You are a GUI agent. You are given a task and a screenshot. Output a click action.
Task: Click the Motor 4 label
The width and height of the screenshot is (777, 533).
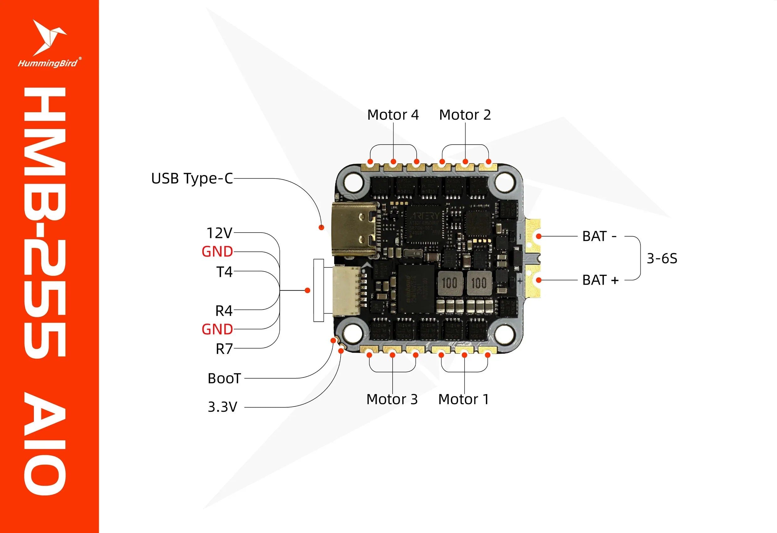point(393,115)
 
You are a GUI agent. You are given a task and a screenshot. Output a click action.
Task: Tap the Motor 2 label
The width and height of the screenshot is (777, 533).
point(465,115)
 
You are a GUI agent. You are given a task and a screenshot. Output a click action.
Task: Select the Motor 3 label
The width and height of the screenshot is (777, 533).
point(392,399)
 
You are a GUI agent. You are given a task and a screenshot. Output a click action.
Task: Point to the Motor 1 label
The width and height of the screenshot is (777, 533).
point(464,399)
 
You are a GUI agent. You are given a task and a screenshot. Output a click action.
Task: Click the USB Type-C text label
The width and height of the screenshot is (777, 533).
point(192,178)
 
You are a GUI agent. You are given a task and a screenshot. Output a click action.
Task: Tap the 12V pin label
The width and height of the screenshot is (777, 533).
point(219,233)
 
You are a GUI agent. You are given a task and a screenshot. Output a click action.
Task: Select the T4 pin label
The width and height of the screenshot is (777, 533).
point(224,272)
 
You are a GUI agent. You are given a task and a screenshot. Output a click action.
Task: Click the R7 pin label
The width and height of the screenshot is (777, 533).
point(224,349)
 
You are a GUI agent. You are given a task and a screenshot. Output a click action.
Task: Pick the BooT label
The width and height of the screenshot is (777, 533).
point(224,378)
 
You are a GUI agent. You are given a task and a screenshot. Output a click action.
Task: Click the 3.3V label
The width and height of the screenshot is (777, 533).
point(222,407)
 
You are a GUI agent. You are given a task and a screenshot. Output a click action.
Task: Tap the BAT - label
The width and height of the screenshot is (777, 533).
point(599,236)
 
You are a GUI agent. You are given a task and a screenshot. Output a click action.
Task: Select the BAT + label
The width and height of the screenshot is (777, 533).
point(600,280)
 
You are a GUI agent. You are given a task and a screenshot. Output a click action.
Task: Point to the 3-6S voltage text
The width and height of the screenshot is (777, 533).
point(662,258)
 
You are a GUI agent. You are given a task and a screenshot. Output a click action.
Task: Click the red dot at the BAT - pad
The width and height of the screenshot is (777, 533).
point(539,236)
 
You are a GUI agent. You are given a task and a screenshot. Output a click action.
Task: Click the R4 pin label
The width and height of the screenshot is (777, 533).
point(224,311)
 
